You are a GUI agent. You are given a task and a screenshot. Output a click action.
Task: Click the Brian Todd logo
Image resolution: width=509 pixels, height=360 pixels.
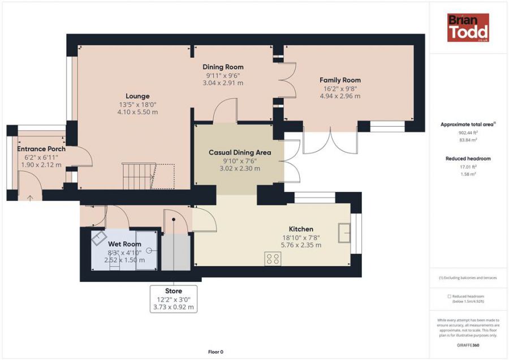[468, 28]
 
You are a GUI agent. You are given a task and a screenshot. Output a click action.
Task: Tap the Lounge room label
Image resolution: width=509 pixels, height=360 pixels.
[137, 96]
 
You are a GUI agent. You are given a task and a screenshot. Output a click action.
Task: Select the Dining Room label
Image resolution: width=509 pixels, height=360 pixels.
[223, 67]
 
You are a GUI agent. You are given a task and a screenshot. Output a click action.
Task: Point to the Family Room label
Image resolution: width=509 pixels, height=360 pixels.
[340, 80]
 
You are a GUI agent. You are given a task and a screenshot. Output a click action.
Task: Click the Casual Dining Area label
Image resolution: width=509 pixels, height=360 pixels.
[240, 152]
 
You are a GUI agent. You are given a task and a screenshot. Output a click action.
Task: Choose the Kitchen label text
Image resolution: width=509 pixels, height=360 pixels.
[301, 229]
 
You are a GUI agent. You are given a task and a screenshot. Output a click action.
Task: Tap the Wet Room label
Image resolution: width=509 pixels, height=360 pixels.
[124, 244]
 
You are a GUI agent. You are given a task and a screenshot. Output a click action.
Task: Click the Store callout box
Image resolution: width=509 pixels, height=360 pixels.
[174, 299]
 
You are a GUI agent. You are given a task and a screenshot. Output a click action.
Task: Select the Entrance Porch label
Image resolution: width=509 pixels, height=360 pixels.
[41, 149]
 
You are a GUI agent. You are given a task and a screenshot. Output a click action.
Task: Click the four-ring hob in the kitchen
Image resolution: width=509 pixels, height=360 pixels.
[273, 259]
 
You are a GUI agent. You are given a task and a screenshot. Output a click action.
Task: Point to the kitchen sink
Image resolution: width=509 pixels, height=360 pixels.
[344, 233]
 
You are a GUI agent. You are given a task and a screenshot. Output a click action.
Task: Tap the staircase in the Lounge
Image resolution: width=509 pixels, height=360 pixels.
[148, 177]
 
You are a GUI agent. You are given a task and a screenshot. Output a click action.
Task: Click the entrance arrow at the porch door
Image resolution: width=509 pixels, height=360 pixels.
[30, 198]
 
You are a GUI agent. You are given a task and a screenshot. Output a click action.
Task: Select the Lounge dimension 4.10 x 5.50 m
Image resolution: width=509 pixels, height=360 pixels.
[137, 112]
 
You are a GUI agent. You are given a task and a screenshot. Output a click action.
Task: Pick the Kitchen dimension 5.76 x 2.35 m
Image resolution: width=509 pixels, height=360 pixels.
[301, 245]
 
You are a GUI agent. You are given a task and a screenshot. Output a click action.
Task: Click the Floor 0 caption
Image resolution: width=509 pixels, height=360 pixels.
[216, 352]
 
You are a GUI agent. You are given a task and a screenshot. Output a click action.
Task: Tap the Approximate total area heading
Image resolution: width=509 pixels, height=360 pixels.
[467, 125]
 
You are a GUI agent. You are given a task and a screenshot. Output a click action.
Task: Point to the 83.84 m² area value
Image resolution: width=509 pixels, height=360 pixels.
[468, 140]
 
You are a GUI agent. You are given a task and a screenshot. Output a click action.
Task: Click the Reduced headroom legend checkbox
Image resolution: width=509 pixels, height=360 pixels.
[449, 296]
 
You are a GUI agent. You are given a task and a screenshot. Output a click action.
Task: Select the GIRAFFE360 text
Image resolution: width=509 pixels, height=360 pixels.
[468, 345]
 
